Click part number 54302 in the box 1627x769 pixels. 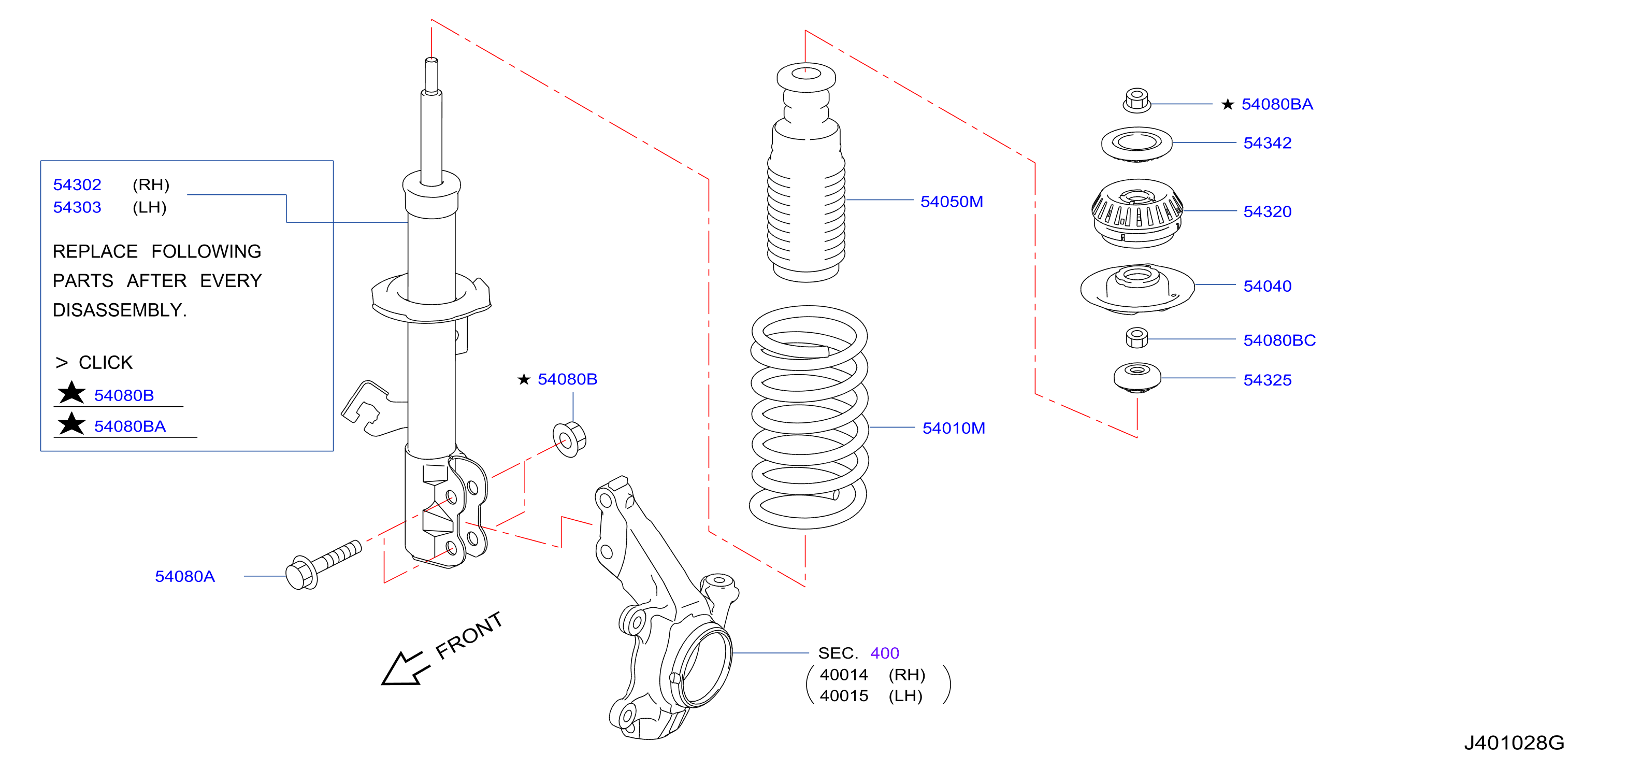[77, 184]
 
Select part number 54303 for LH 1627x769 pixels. [77, 207]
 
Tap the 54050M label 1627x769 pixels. [951, 202]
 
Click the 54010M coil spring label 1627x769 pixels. [954, 428]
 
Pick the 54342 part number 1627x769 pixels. [1267, 143]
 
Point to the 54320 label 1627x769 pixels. [1267, 211]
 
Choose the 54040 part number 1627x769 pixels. [1267, 286]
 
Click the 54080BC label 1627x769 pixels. [1279, 340]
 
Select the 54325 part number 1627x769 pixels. [1267, 380]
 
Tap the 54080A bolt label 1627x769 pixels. [184, 576]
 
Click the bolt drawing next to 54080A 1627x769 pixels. [323, 565]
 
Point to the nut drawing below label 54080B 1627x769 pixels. [569, 438]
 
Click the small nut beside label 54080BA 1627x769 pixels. [1136, 101]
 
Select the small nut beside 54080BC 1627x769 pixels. [1136, 337]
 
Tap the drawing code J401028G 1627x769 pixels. [1514, 743]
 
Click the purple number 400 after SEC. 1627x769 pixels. [884, 653]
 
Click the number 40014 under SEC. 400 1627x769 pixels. [844, 675]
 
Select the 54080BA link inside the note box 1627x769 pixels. [129, 426]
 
